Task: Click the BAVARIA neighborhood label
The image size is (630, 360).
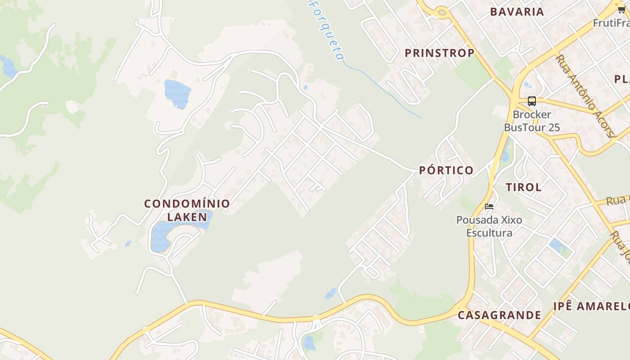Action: pos(517,12)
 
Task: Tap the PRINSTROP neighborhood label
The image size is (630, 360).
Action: pos(439,53)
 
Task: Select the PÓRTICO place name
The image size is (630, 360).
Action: pos(446,170)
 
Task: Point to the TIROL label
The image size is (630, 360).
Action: pos(523,187)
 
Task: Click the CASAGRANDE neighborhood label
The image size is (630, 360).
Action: pos(499,315)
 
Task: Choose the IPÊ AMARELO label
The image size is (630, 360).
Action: pos(591,306)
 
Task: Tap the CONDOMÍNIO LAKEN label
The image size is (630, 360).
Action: pos(187,210)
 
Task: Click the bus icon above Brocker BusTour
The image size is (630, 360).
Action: pos(531,101)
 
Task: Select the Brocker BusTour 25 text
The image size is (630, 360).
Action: pos(532,121)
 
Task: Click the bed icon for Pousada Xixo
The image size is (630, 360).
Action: pos(489,207)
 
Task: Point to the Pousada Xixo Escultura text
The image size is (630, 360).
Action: pos(489,226)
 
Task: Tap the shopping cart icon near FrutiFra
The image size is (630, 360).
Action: pos(621,10)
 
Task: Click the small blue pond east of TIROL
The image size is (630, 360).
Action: pos(556,245)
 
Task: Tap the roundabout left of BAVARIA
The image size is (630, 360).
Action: pos(440,12)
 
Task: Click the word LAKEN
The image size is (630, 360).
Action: pos(187,217)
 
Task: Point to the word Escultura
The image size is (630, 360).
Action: pos(489,233)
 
